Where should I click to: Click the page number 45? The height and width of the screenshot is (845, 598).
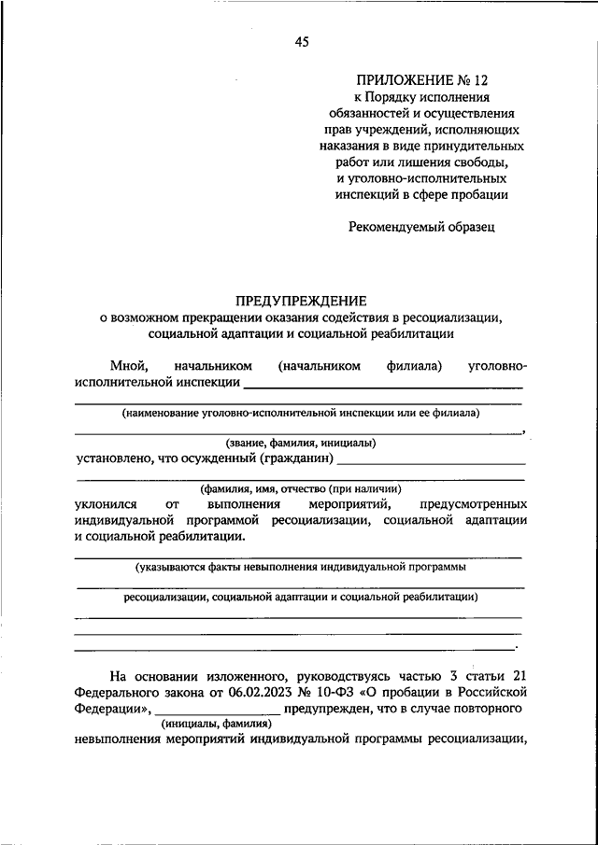(x=301, y=41)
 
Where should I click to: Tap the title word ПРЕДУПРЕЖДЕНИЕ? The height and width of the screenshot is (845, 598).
(x=300, y=301)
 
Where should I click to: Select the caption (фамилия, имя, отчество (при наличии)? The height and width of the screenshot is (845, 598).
(x=300, y=488)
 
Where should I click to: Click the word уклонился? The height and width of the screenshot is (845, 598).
(x=106, y=504)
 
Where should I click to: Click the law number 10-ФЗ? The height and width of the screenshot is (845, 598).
(x=337, y=692)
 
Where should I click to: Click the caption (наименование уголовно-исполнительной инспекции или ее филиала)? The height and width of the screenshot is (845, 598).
(x=300, y=412)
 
